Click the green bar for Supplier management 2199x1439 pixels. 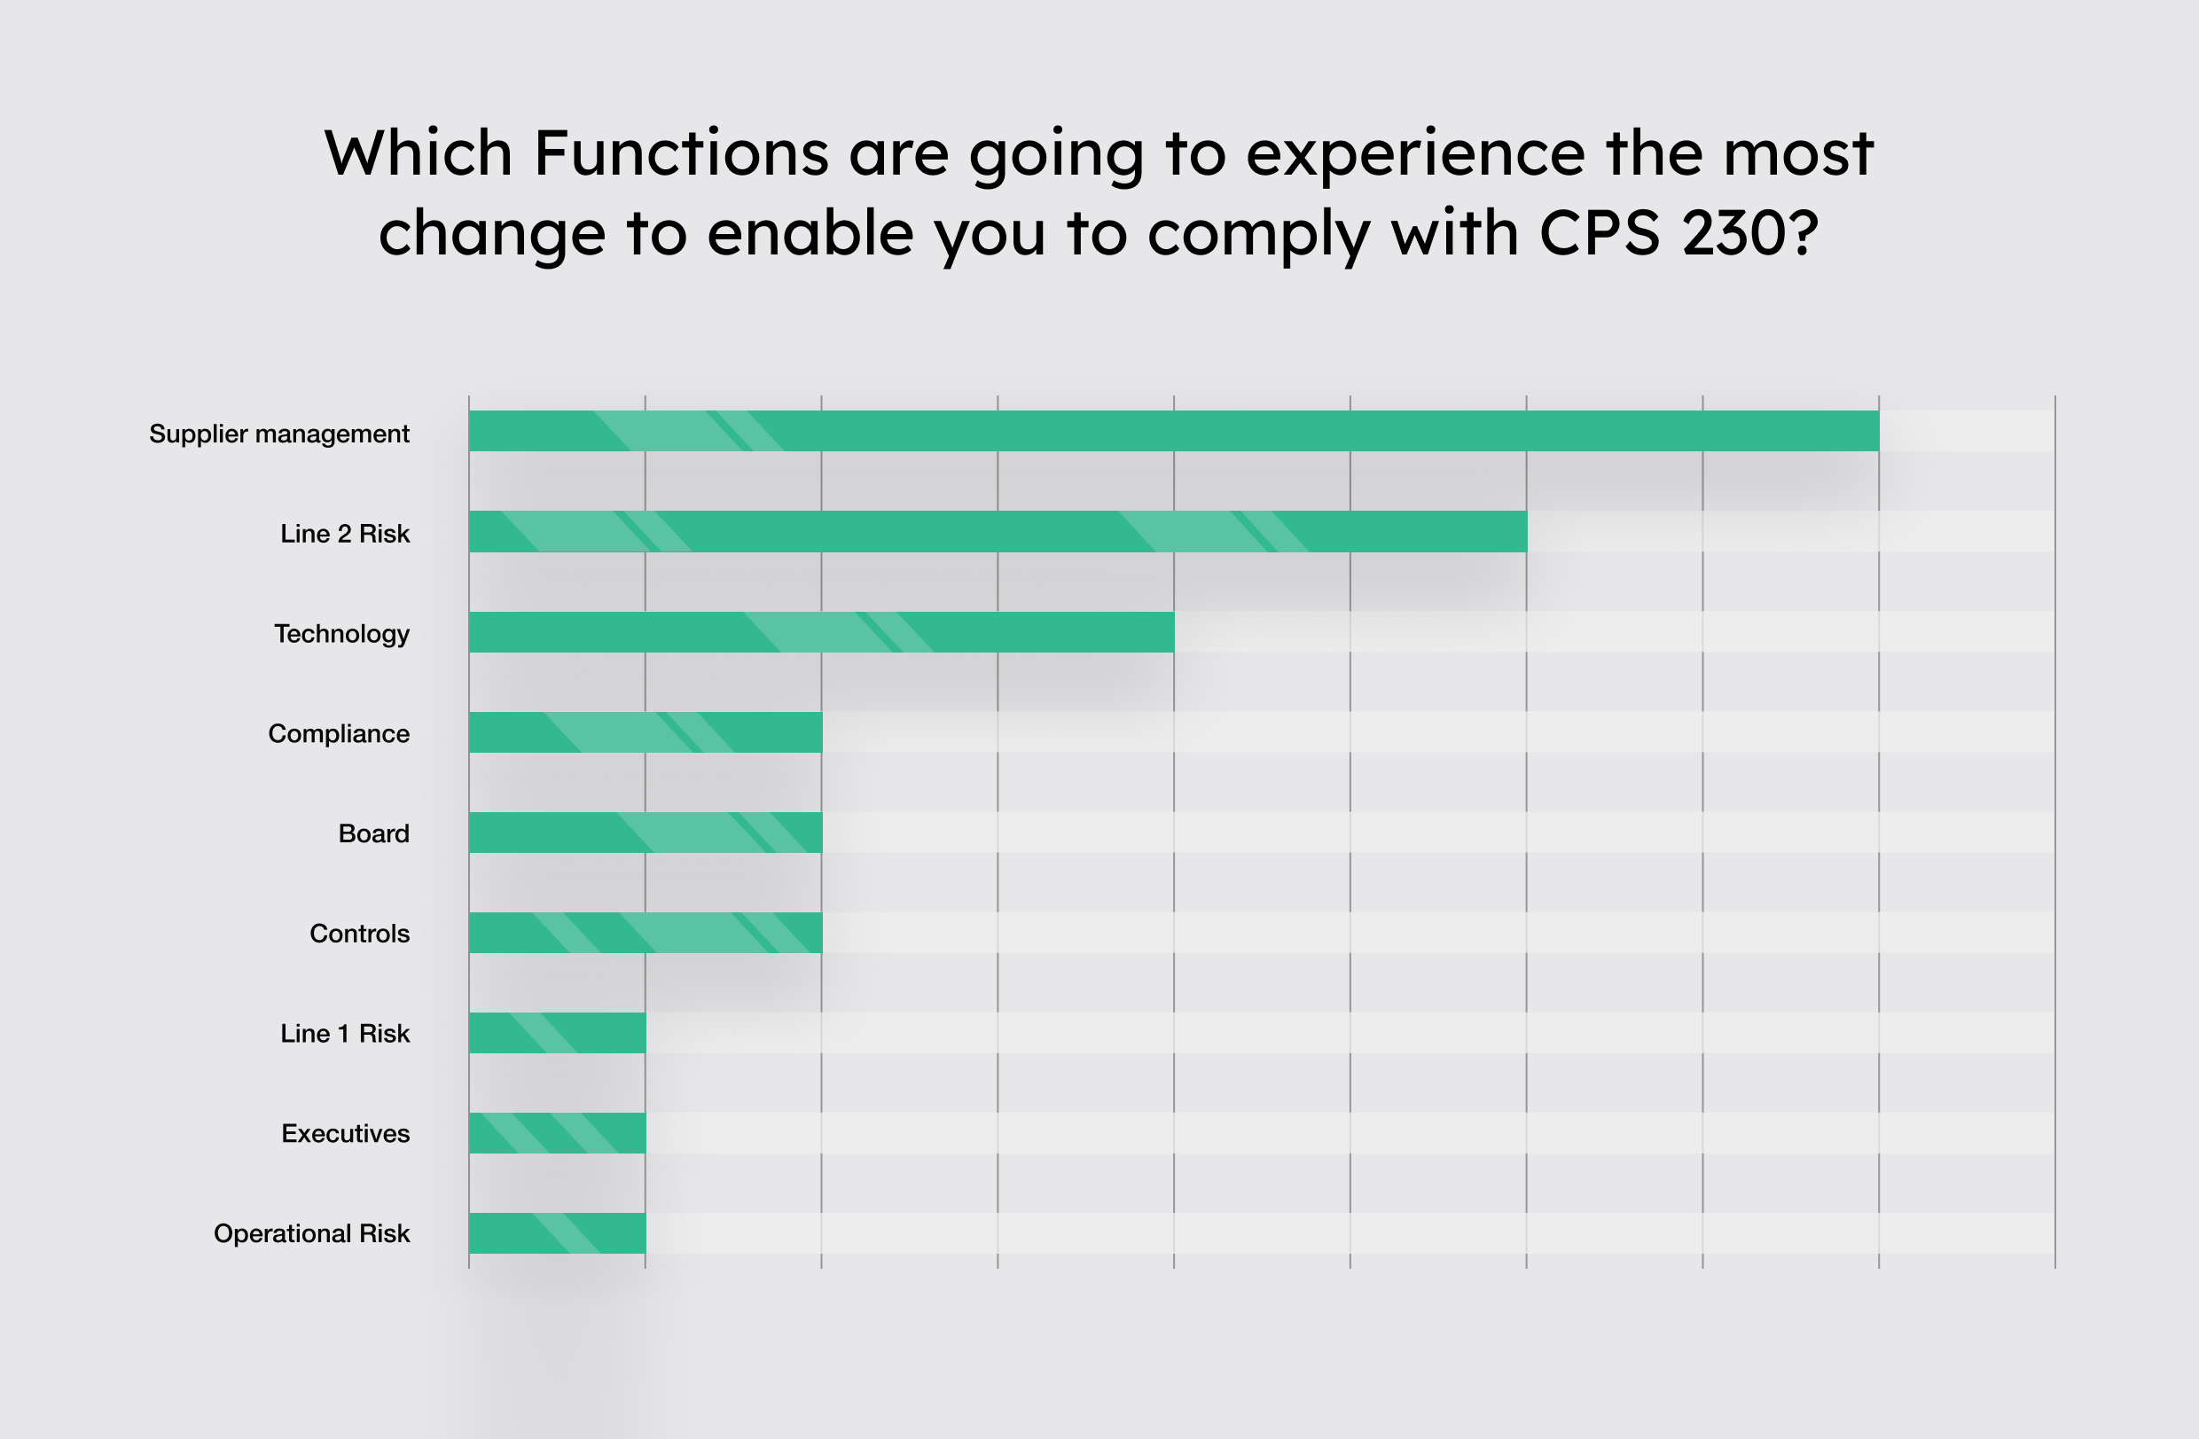point(1173,431)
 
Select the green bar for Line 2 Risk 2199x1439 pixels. point(998,531)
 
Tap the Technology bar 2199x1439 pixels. point(821,632)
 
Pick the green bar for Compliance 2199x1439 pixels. point(646,731)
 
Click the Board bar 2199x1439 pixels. point(646,833)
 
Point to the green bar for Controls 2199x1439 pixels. point(646,932)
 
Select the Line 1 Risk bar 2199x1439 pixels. point(557,1033)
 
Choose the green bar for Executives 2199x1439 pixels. point(557,1132)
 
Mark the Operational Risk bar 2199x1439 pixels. point(557,1233)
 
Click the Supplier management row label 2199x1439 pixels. point(279,434)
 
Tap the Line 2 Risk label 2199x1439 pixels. point(345,534)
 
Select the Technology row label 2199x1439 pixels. point(342,635)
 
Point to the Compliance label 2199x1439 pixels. point(338,734)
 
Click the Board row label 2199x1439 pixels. point(373,834)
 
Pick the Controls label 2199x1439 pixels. point(359,934)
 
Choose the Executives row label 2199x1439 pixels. point(346,1134)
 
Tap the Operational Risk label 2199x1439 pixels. point(311,1234)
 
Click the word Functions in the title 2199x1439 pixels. point(681,153)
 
